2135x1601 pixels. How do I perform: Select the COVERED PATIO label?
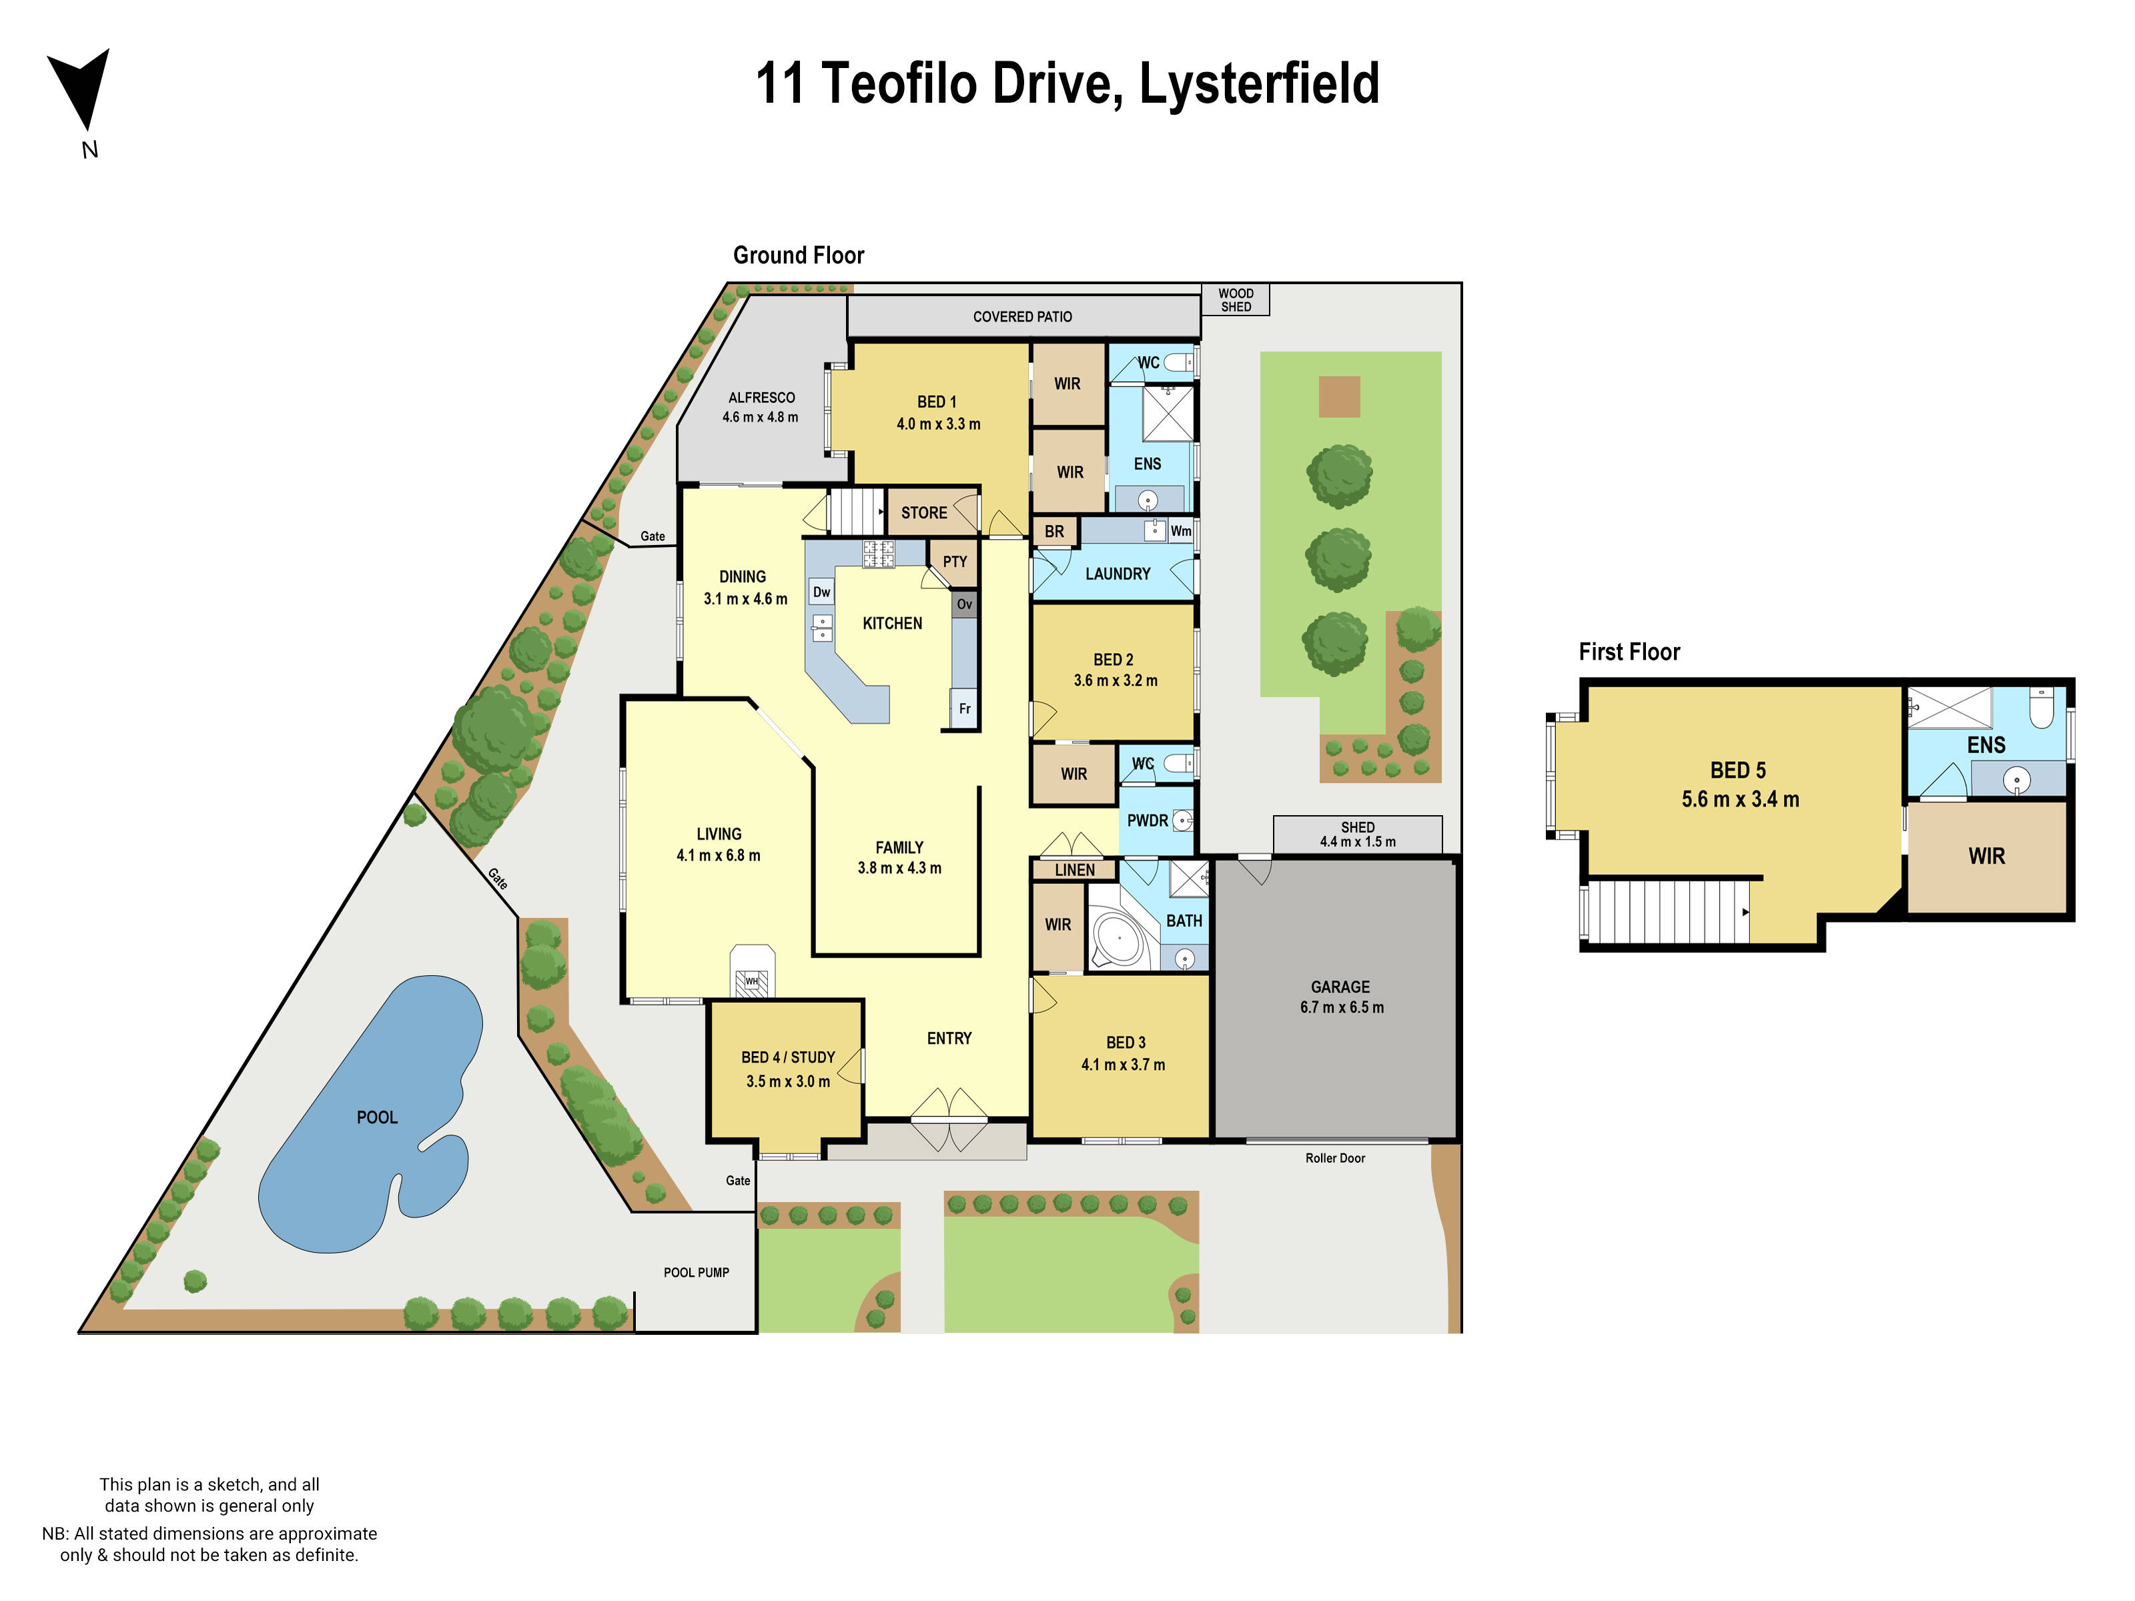click(1021, 317)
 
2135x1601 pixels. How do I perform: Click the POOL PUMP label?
click(696, 1272)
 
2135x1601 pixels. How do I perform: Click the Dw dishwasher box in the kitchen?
click(821, 592)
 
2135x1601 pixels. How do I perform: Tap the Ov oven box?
click(964, 604)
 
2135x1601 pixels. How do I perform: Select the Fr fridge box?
click(964, 708)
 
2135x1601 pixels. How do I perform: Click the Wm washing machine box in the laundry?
click(1180, 531)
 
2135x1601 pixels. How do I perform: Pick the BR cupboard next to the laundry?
click(1054, 532)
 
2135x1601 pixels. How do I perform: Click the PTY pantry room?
click(955, 562)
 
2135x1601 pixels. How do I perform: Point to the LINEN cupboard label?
click(1074, 869)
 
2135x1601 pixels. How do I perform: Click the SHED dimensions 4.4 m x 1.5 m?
click(1357, 841)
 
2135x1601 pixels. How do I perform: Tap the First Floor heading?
click(1629, 652)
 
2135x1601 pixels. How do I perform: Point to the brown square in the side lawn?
click(1339, 397)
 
